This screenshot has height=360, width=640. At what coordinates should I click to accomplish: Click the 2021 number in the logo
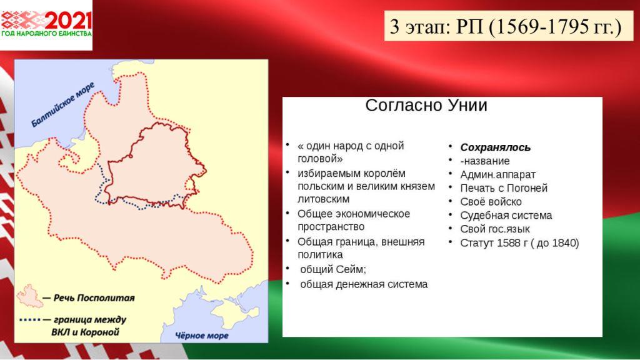click(x=68, y=21)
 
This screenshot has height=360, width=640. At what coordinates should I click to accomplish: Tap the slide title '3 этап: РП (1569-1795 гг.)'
click(x=505, y=26)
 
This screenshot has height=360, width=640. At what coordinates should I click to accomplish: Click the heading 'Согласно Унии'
click(x=426, y=105)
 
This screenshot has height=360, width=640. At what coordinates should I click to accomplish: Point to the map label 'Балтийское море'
click(x=62, y=104)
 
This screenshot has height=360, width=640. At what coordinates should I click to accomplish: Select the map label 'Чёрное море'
click(x=202, y=336)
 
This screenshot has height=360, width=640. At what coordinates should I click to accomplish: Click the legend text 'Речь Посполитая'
click(x=94, y=298)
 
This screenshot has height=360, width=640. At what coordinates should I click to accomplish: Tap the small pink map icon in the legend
click(x=29, y=296)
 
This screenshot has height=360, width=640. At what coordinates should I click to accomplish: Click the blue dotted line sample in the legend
click(x=30, y=319)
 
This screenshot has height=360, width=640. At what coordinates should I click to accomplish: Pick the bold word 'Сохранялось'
click(x=495, y=147)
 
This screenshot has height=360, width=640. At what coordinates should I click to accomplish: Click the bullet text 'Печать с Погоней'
click(x=504, y=188)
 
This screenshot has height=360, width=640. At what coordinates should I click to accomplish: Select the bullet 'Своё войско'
click(x=491, y=202)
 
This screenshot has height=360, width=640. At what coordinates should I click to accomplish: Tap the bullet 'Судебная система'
click(x=506, y=216)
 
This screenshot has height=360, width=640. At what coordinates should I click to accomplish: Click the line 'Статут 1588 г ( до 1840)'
click(x=519, y=243)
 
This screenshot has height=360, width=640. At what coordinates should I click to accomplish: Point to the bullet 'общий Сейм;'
click(x=333, y=269)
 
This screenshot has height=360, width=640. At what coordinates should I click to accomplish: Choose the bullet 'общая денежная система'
click(x=364, y=284)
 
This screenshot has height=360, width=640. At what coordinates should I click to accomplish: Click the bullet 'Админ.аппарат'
click(x=497, y=175)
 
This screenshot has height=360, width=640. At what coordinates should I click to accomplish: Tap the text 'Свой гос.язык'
click(x=495, y=229)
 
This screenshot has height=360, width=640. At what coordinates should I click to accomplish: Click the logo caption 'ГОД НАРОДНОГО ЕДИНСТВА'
click(x=46, y=34)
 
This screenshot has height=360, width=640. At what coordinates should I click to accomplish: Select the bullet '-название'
click(x=485, y=161)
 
